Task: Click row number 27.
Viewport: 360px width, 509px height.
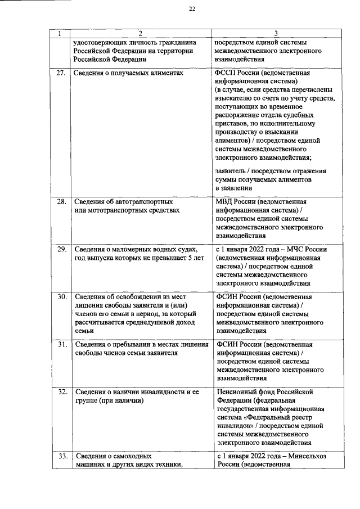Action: tap(61, 73)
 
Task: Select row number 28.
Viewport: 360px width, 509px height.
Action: tap(61, 201)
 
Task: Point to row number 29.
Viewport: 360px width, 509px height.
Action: tap(61, 249)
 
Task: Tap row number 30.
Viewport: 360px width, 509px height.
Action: tap(61, 296)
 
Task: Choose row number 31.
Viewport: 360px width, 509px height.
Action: tap(61, 344)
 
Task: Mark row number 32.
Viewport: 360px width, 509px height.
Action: tap(61, 392)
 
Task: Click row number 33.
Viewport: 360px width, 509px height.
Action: tap(61, 456)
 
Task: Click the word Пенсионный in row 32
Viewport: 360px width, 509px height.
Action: tap(238, 392)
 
